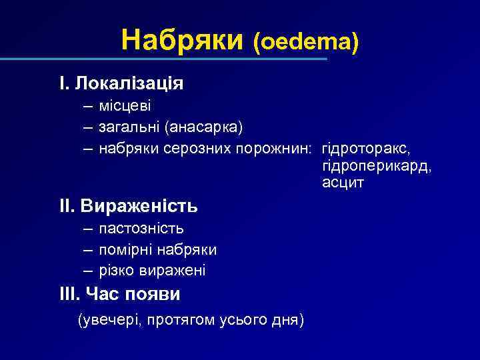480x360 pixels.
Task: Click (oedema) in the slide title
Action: click(x=305, y=43)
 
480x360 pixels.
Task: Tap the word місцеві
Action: click(x=125, y=107)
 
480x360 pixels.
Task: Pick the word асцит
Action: click(x=343, y=183)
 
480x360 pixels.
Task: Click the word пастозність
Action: click(x=141, y=229)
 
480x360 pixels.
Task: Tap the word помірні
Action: click(x=127, y=250)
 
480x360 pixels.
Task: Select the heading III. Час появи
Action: click(x=119, y=293)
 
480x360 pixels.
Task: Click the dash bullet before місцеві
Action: click(x=89, y=107)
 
